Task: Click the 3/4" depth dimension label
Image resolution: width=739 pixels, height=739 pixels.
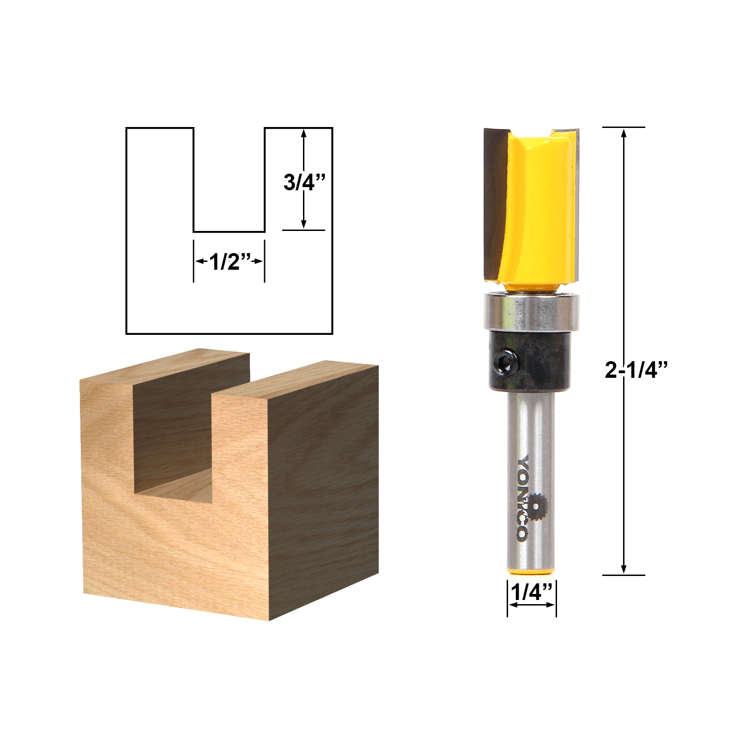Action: [x=305, y=182]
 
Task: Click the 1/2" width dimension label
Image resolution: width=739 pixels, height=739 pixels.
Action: [x=229, y=262]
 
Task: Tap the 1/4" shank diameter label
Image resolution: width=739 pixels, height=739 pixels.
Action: [x=531, y=592]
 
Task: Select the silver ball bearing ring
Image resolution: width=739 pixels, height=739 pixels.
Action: [x=531, y=312]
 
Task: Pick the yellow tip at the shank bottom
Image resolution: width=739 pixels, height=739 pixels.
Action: [x=531, y=572]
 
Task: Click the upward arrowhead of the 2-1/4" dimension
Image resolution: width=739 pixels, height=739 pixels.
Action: [x=624, y=133]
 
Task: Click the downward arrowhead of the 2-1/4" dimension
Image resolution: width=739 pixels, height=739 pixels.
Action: [x=624, y=569]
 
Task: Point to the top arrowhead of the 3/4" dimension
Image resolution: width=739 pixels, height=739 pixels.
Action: [x=303, y=133]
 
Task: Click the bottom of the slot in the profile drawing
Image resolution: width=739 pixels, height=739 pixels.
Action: [x=229, y=231]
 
